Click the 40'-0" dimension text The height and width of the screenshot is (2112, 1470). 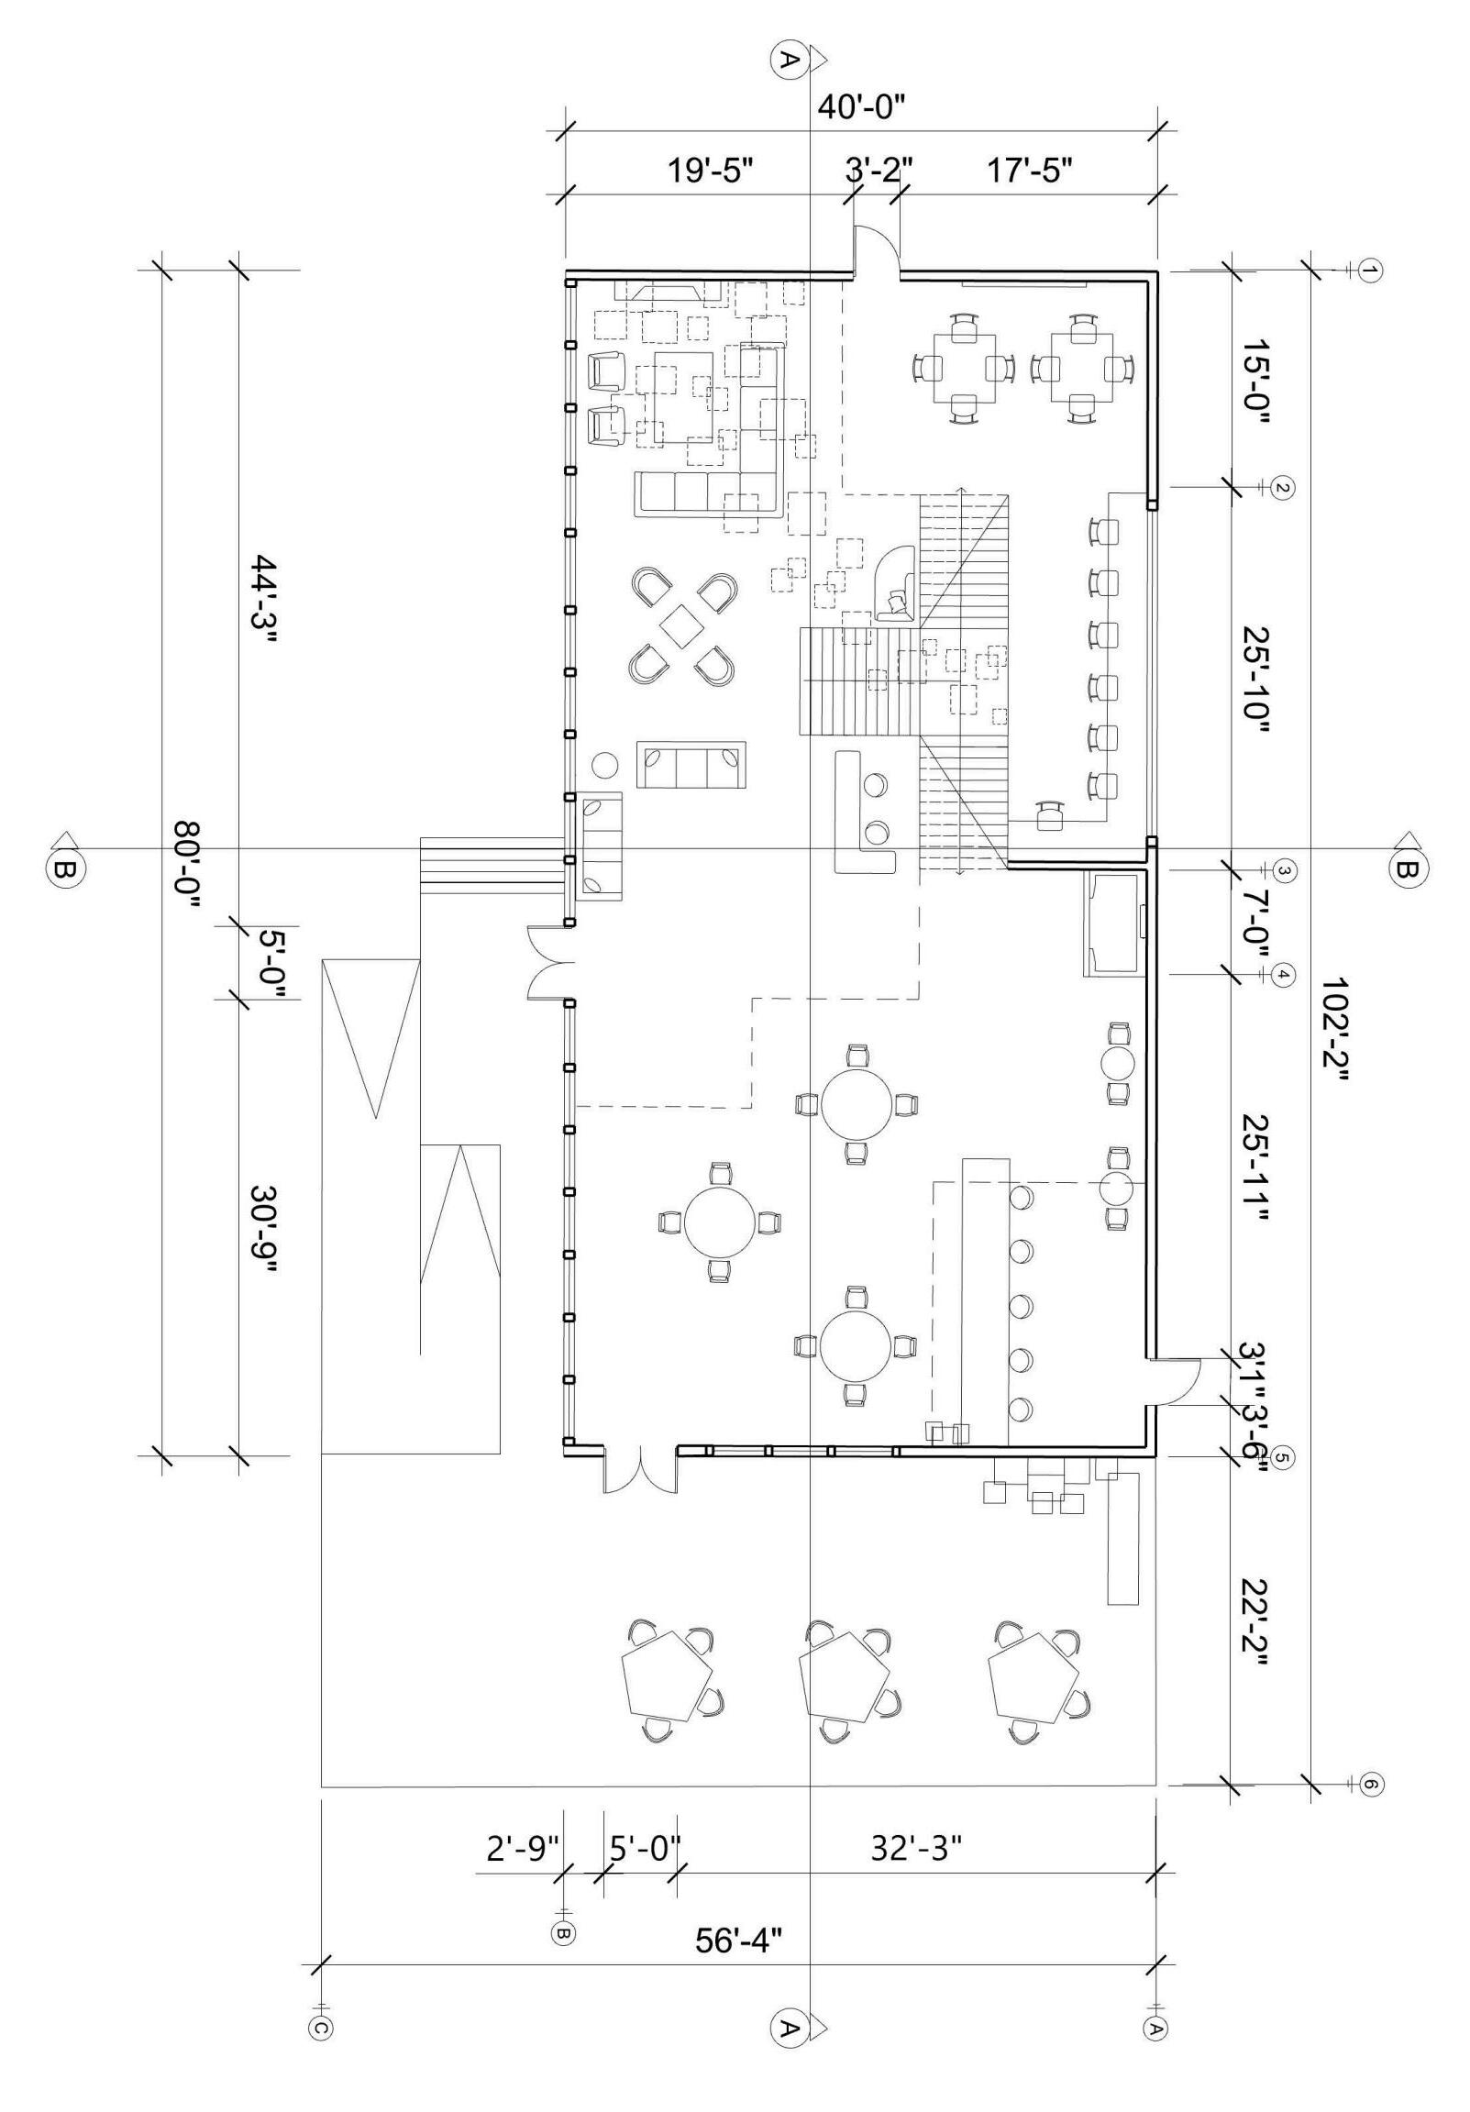tap(862, 107)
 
